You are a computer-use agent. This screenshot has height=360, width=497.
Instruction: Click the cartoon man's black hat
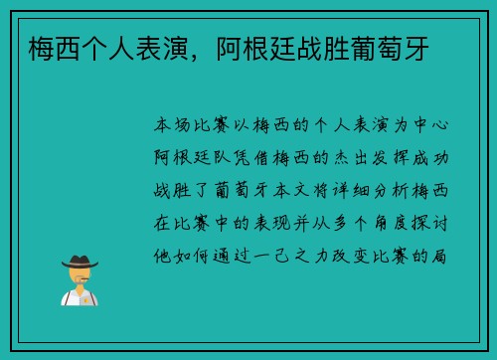coord(80,262)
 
